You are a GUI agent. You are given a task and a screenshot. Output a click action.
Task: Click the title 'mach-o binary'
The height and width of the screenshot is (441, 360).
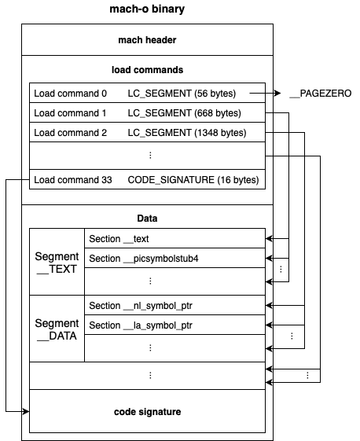[x=147, y=9]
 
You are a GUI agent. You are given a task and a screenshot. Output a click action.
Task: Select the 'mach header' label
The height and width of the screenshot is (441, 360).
[x=147, y=40]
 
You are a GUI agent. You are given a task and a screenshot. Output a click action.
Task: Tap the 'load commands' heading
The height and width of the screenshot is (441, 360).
[x=147, y=70]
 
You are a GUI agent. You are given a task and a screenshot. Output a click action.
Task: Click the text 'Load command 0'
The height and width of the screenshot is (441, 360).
[x=70, y=94]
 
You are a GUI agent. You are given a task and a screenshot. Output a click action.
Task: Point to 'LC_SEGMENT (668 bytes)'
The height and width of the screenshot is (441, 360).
[x=184, y=113]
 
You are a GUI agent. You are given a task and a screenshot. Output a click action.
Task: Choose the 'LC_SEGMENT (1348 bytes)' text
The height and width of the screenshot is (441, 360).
[x=187, y=133]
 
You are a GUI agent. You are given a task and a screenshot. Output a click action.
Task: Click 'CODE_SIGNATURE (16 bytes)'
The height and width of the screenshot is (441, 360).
[x=193, y=180]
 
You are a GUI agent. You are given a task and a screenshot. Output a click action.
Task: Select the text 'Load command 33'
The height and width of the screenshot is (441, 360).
[x=73, y=180]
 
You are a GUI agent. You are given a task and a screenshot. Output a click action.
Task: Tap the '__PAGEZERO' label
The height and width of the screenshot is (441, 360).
[x=321, y=94]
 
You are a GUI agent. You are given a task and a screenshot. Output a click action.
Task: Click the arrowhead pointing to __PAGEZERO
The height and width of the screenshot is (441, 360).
[x=277, y=93]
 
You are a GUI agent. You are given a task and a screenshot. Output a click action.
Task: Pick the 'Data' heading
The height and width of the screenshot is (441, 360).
[x=147, y=219]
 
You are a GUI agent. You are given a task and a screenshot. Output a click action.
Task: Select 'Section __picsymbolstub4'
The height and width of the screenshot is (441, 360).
[x=144, y=259]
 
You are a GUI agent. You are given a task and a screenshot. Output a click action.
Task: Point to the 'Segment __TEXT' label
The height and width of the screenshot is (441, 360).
[x=57, y=263]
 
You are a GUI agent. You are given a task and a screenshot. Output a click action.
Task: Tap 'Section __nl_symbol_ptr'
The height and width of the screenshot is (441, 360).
[x=141, y=306]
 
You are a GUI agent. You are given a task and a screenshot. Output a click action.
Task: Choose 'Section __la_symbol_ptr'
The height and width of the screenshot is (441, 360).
[x=141, y=325]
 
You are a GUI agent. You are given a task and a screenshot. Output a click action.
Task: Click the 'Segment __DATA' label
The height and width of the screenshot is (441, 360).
[x=57, y=329]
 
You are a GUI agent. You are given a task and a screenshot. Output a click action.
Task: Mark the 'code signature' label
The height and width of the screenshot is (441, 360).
[x=147, y=412]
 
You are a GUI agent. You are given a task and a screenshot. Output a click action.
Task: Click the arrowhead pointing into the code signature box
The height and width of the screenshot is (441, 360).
[x=26, y=411]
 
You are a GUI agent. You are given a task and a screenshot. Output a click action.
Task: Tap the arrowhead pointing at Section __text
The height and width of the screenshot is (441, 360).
[x=269, y=239]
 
